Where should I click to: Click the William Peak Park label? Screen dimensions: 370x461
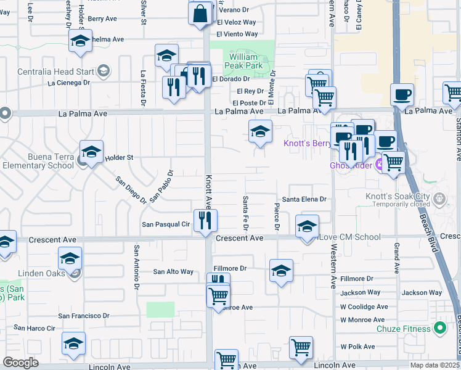coord(242,61)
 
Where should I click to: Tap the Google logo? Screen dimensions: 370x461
coord(21,363)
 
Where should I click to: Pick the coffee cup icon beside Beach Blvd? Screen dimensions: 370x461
coord(402,95)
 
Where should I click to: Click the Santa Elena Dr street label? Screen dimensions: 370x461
coord(304,199)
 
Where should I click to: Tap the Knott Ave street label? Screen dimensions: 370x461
coord(208,191)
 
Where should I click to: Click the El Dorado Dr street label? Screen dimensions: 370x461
coord(230,79)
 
